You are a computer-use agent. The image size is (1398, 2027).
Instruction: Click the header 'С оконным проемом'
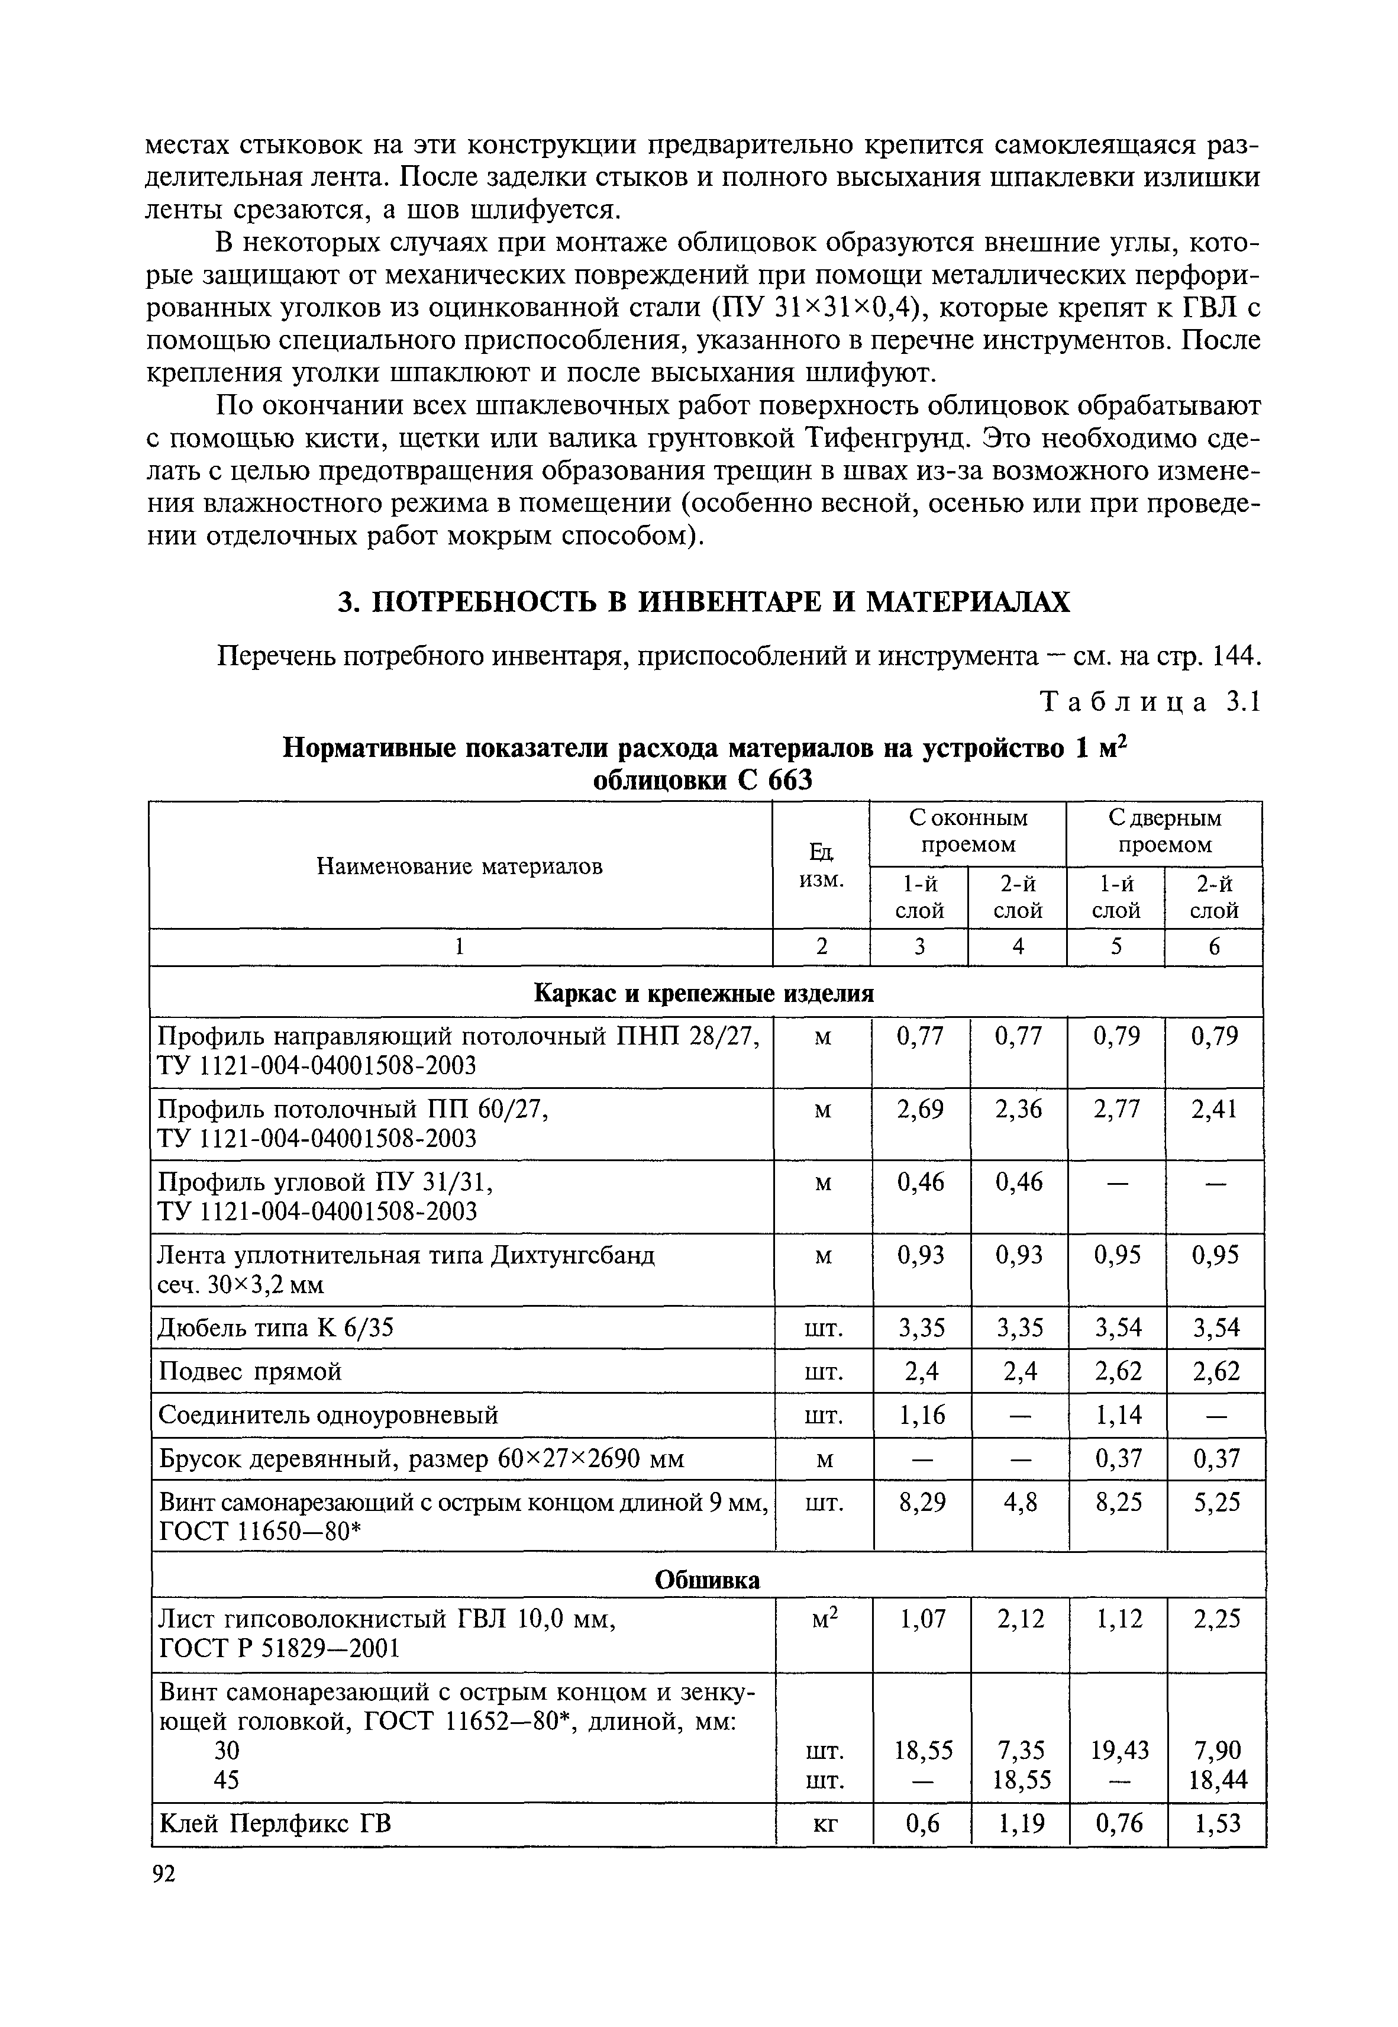coord(967,832)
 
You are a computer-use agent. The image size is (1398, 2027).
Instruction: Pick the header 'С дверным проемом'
coord(1164,832)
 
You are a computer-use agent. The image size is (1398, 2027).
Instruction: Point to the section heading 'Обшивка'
coord(708,1580)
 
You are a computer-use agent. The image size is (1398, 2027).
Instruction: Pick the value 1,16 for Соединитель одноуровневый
coord(922,1414)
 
